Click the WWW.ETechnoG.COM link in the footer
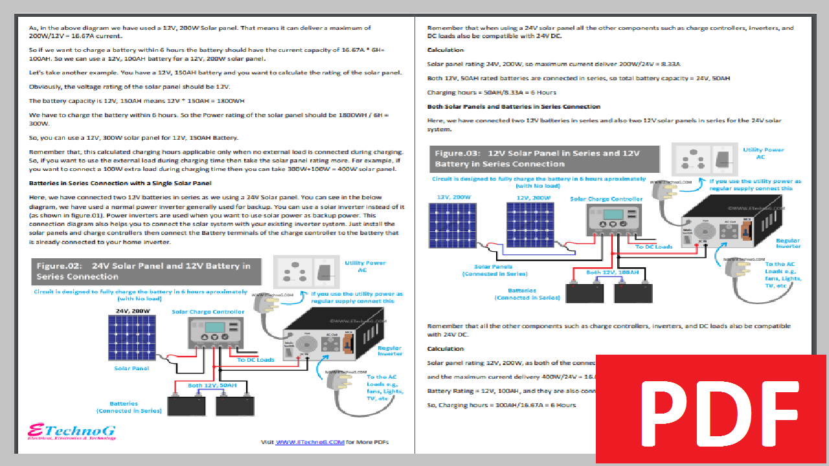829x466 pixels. coord(310,442)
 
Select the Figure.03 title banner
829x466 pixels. coord(545,159)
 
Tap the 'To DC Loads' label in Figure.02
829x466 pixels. coord(256,360)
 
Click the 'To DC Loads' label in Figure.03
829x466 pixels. coord(654,247)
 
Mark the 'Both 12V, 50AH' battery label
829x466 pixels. coord(212,385)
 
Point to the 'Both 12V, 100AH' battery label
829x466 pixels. coord(612,272)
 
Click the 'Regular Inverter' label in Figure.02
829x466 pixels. coord(389,351)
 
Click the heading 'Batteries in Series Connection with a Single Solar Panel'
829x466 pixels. coord(120,183)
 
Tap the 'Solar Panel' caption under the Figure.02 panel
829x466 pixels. coord(132,368)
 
